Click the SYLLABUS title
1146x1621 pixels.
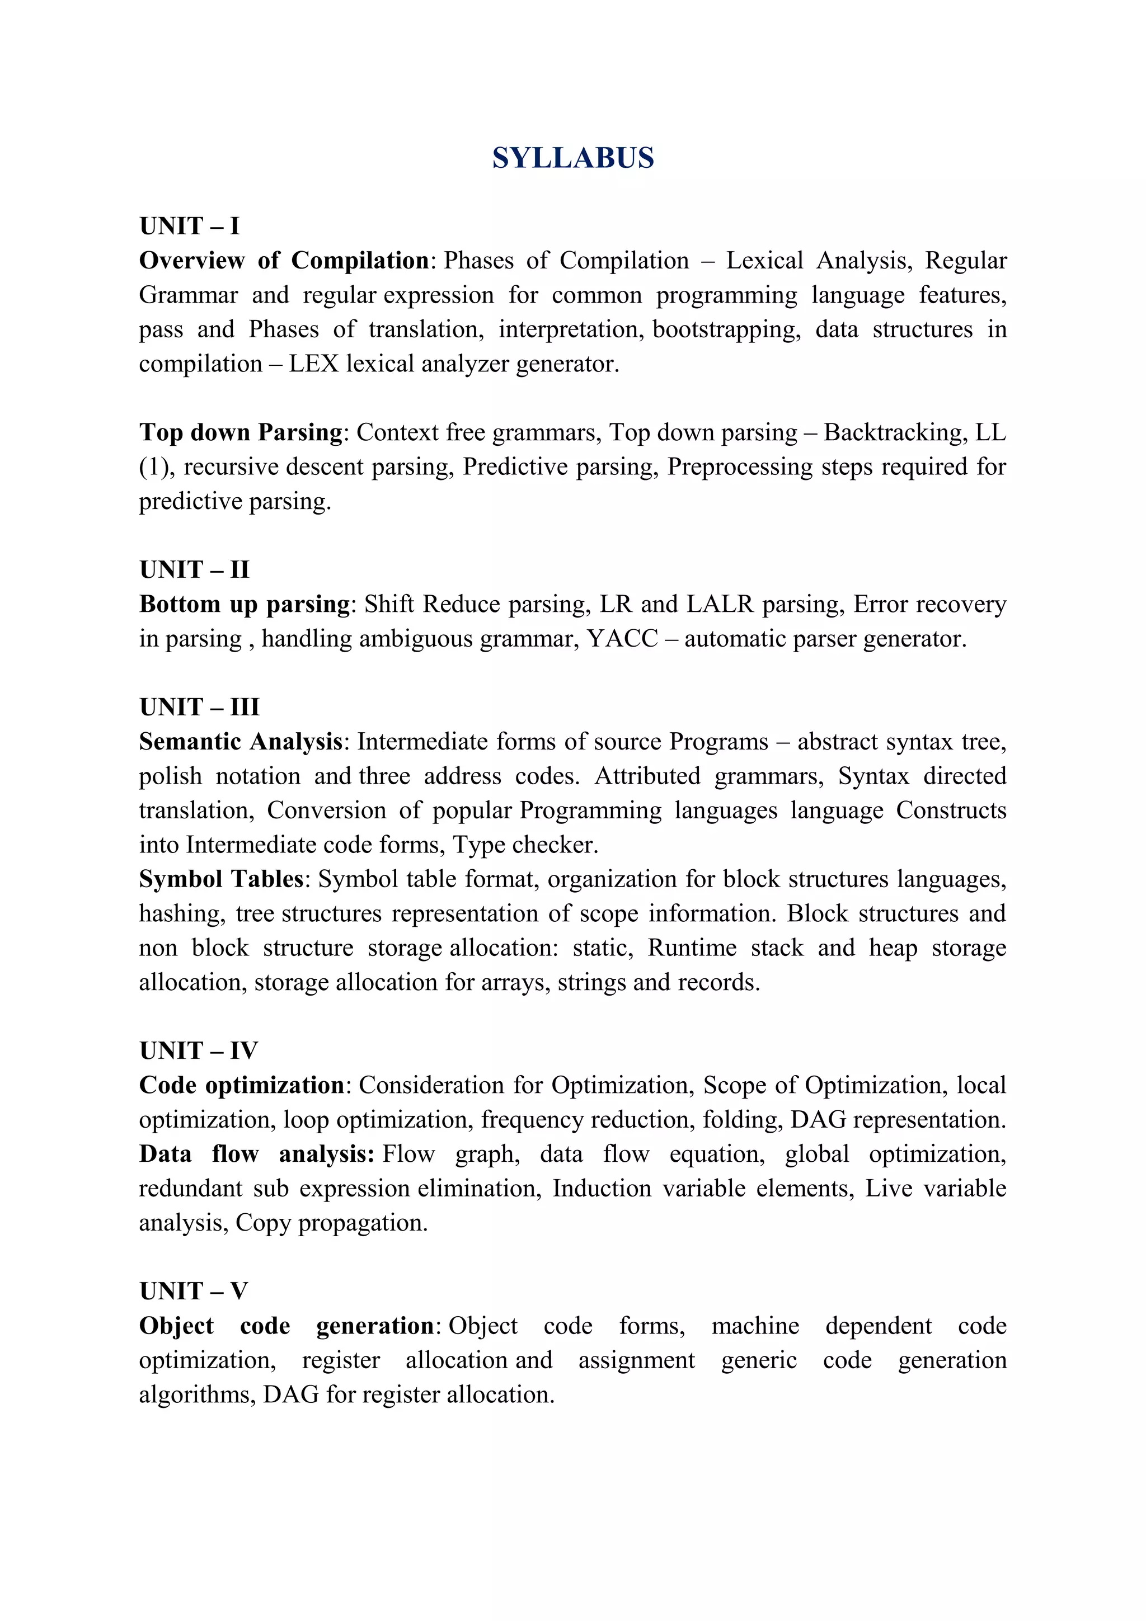pyautogui.click(x=572, y=157)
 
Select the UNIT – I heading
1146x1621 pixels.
pyautogui.click(x=189, y=226)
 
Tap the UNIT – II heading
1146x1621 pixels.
pyautogui.click(x=194, y=569)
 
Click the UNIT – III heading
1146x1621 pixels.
pyautogui.click(x=199, y=706)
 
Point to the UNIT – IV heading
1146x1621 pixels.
pyautogui.click(x=199, y=1050)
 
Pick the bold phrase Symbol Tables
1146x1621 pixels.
pyautogui.click(x=221, y=879)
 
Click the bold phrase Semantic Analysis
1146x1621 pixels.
pyautogui.click(x=240, y=741)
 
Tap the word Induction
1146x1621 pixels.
pyautogui.click(x=602, y=1188)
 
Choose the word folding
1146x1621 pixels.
pyautogui.click(x=741, y=1120)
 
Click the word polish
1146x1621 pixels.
pyautogui.click(x=170, y=776)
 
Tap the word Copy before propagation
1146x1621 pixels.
pyautogui.click(x=262, y=1223)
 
